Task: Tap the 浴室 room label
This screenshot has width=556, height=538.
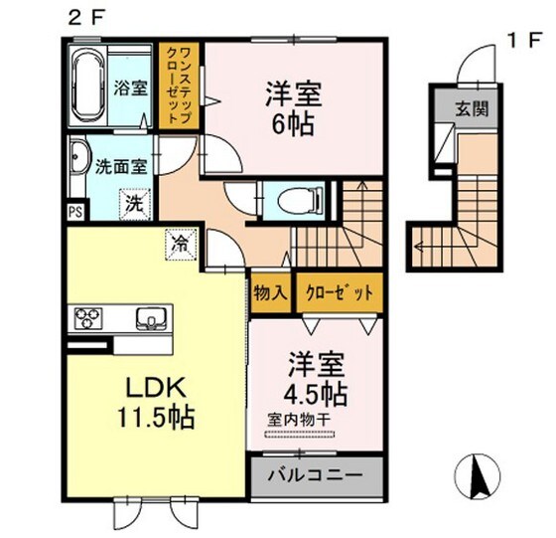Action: click(132, 87)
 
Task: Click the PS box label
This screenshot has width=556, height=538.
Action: click(74, 211)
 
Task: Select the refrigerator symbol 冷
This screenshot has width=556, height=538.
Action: click(182, 243)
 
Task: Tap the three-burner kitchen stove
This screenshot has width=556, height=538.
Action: click(87, 319)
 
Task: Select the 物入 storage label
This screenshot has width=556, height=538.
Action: click(270, 292)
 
